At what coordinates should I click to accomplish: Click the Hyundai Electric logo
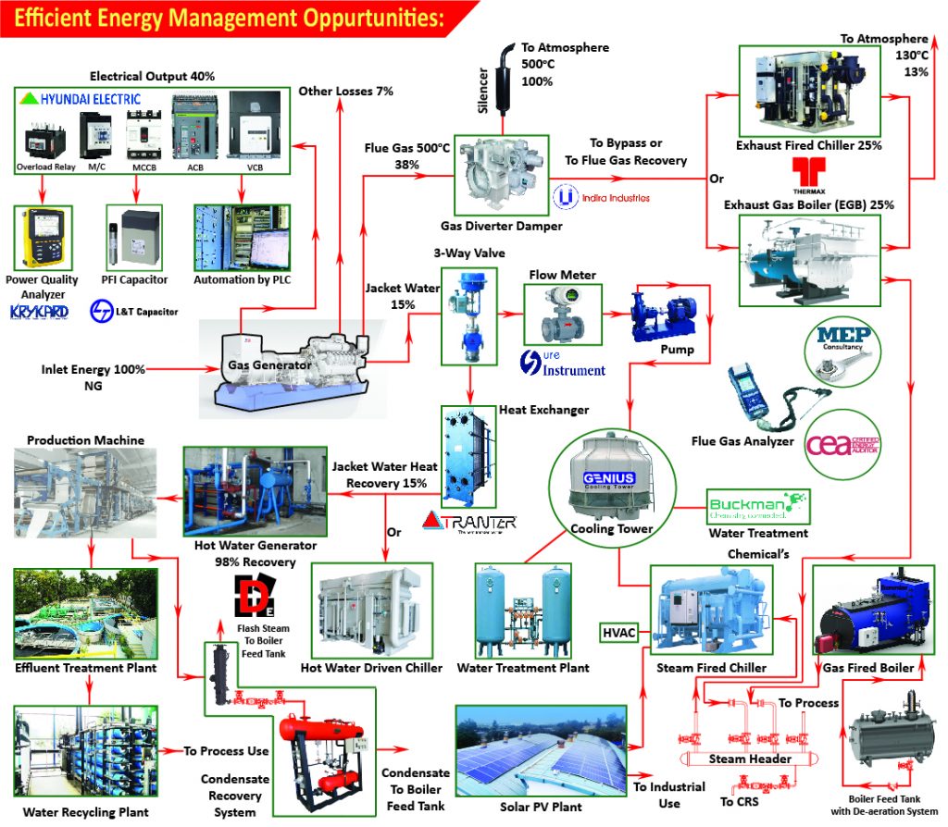(x=81, y=99)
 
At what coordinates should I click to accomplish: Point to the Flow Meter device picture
(x=563, y=315)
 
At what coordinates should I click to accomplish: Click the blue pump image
(x=665, y=315)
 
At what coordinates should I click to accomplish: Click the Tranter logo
(x=469, y=522)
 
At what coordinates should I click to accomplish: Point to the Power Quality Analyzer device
(x=40, y=237)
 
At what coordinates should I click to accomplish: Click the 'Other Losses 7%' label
(x=345, y=92)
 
